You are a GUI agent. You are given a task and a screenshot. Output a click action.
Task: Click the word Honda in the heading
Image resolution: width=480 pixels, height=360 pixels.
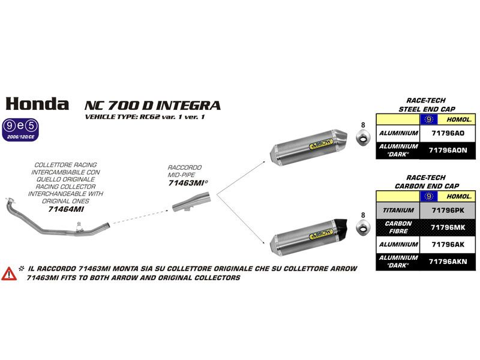37,103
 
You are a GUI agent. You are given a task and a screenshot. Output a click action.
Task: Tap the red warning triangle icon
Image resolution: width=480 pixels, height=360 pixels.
9,274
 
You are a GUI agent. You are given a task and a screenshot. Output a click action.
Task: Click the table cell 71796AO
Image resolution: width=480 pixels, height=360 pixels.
447,133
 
